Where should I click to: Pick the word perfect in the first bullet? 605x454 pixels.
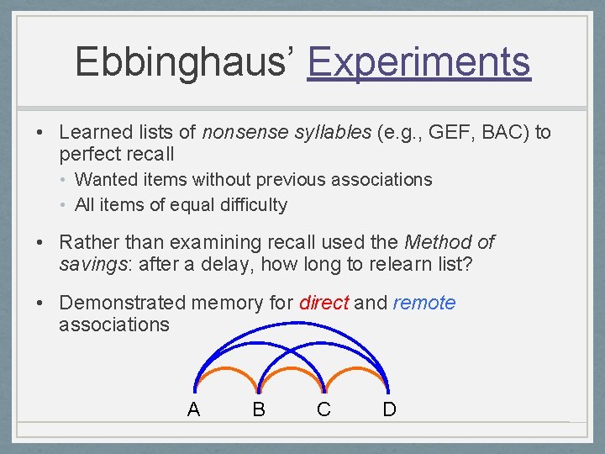click(x=87, y=154)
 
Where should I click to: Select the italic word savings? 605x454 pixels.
click(x=89, y=265)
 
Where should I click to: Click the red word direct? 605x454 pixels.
click(x=324, y=303)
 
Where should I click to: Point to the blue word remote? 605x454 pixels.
click(x=423, y=303)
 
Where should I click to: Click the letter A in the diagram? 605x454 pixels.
click(x=193, y=409)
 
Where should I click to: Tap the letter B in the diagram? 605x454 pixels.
click(x=258, y=409)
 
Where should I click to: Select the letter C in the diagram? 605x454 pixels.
click(x=324, y=409)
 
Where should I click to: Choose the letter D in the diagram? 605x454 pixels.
click(x=389, y=409)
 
